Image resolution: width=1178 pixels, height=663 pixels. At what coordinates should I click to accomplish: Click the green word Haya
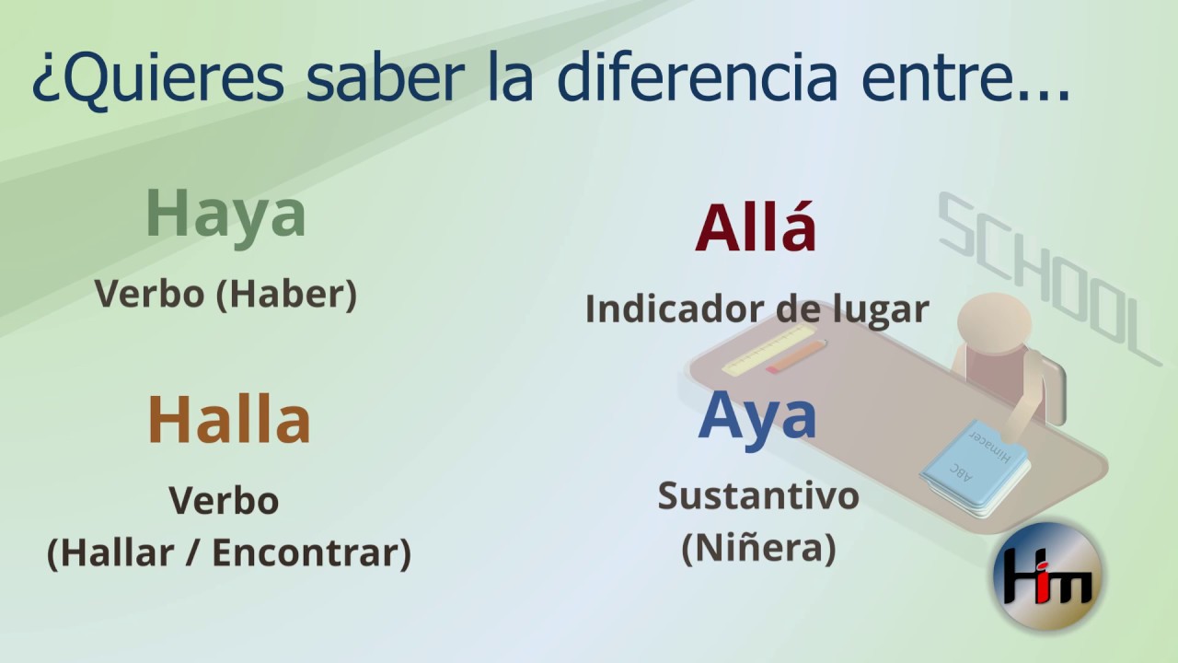225,215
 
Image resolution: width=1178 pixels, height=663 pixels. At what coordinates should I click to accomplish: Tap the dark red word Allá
756,227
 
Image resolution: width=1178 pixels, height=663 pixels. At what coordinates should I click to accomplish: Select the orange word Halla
229,419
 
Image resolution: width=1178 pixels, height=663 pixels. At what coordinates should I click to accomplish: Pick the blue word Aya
757,415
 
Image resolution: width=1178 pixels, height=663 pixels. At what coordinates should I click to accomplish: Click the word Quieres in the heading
158,78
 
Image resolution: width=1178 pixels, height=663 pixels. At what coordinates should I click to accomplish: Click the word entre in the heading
937,79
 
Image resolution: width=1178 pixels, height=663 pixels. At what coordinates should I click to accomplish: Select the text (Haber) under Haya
286,294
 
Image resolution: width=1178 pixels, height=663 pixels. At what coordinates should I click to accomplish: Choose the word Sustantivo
758,495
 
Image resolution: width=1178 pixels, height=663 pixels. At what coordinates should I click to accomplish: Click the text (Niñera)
759,548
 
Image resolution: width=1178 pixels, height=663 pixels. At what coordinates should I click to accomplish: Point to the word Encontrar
312,552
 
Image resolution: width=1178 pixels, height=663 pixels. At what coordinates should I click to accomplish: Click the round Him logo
1047,576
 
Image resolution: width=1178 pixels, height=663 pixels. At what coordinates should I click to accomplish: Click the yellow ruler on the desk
768,350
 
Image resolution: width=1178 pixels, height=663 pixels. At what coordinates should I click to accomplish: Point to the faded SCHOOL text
1049,279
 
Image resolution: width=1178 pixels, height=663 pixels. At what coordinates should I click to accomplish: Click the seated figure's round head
994,320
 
